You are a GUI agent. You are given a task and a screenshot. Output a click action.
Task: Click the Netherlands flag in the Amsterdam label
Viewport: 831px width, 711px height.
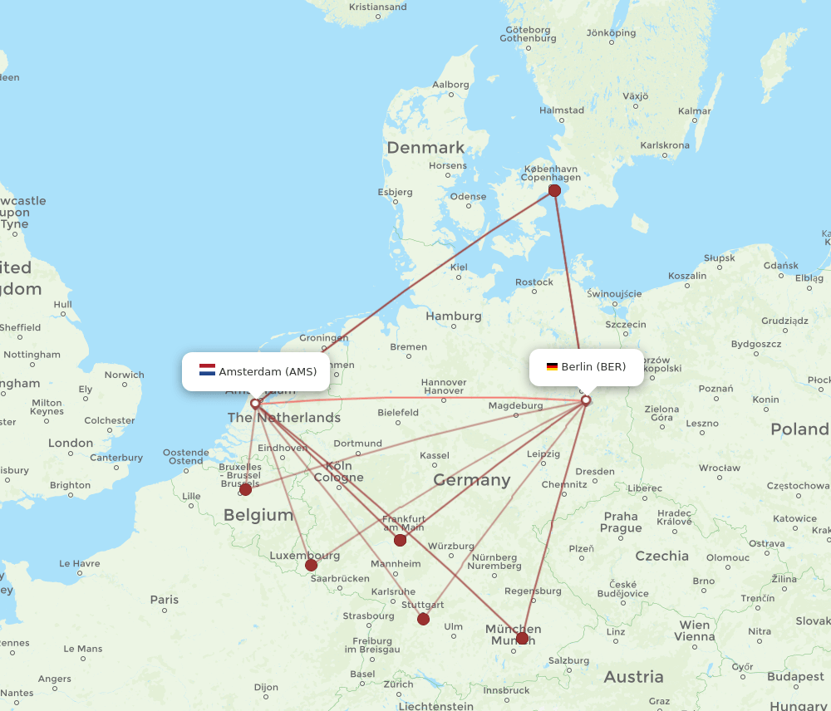pyautogui.click(x=207, y=370)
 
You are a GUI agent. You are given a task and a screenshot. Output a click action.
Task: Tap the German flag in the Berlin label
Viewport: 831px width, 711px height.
pyautogui.click(x=552, y=366)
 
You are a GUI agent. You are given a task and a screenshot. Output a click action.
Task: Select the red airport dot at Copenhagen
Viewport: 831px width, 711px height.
pyautogui.click(x=554, y=191)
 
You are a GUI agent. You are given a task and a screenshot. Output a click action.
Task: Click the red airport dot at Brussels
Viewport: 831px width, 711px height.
pyautogui.click(x=245, y=489)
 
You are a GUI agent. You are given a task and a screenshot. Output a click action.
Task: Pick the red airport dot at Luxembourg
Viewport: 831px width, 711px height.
pyautogui.click(x=311, y=565)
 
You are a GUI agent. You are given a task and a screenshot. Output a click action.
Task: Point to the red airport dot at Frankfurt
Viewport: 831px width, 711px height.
pyautogui.click(x=400, y=540)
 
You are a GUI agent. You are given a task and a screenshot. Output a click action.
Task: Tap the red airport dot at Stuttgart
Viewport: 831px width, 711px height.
pyautogui.click(x=423, y=619)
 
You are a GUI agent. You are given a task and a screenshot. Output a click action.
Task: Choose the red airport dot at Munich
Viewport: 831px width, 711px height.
pyautogui.click(x=522, y=638)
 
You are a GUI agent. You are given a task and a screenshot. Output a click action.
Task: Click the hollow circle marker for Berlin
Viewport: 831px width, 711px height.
pyautogui.click(x=586, y=400)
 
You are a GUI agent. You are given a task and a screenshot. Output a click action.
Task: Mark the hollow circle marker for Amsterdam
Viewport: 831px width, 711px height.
pyautogui.click(x=255, y=404)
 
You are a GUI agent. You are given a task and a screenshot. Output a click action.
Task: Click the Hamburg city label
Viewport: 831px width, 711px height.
pyautogui.click(x=453, y=316)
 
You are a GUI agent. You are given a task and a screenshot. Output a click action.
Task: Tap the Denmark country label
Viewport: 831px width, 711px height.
pyautogui.click(x=425, y=148)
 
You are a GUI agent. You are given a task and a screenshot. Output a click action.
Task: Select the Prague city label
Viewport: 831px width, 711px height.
pyautogui.click(x=621, y=522)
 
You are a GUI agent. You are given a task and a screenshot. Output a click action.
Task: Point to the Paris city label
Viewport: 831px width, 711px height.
pyautogui.click(x=165, y=599)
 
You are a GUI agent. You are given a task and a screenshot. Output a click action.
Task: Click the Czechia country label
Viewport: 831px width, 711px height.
pyautogui.click(x=661, y=556)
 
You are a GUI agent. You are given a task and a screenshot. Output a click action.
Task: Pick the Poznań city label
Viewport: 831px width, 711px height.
pyautogui.click(x=715, y=388)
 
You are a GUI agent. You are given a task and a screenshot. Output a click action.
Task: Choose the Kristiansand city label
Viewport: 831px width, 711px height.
pyautogui.click(x=378, y=7)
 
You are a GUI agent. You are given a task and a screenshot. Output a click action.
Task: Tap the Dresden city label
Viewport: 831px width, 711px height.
pyautogui.click(x=595, y=471)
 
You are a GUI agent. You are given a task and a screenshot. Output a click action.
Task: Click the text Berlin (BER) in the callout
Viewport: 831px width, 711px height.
pyautogui.click(x=593, y=366)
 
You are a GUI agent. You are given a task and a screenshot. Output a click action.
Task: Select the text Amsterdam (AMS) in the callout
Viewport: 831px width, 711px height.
pyautogui.click(x=268, y=371)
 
